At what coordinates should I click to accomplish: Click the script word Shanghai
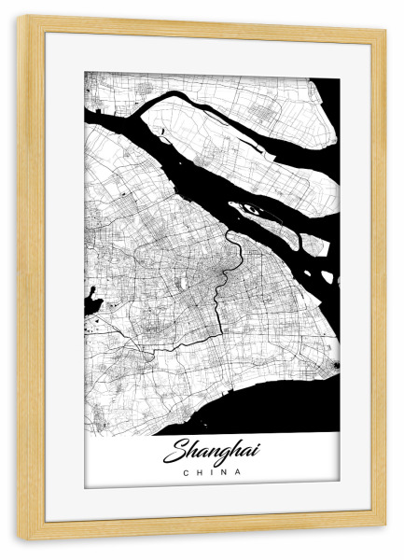click(211, 453)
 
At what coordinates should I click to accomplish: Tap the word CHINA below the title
click(212, 472)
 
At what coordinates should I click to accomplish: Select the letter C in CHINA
click(187, 472)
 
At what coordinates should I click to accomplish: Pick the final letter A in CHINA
click(238, 472)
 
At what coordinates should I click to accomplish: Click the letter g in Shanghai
click(230, 455)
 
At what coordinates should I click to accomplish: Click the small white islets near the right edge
click(326, 276)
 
